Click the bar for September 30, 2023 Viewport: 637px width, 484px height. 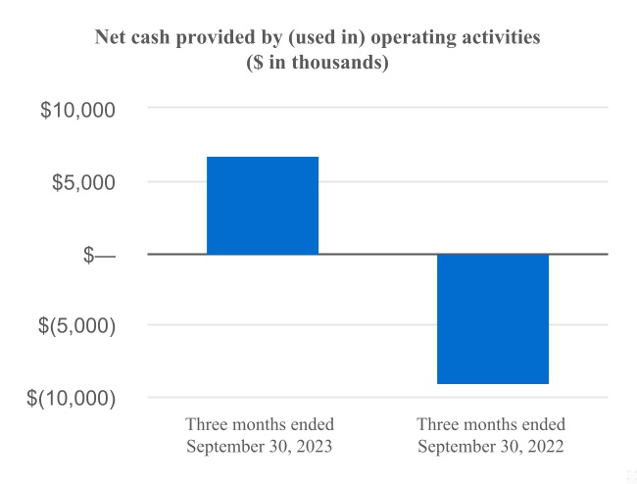click(263, 206)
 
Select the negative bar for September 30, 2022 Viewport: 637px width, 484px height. click(493, 318)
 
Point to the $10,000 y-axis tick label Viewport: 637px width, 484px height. click(77, 110)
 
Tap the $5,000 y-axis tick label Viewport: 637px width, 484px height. click(83, 182)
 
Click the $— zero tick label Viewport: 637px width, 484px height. click(99, 255)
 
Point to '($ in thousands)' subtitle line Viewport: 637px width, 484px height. click(318, 62)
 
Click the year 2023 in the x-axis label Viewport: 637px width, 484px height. click(314, 446)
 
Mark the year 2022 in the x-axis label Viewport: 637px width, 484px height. click(546, 446)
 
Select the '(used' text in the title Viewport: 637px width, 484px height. click(310, 37)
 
